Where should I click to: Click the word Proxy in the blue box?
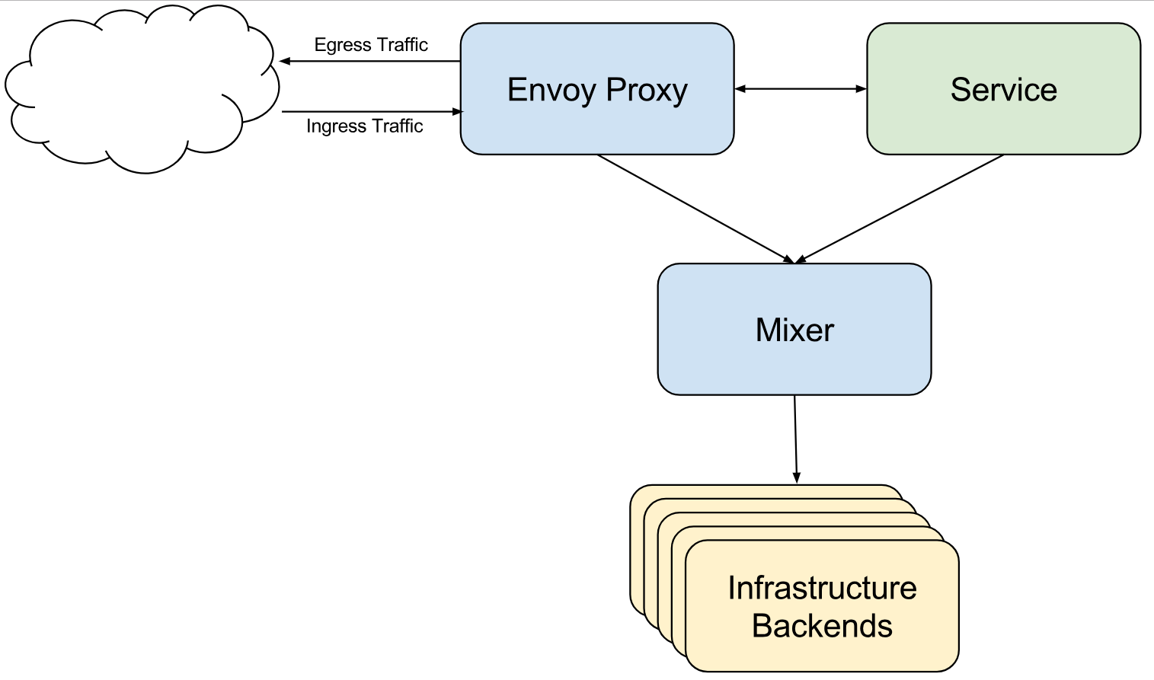(647, 90)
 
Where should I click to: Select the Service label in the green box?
(1004, 90)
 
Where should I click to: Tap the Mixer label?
(794, 330)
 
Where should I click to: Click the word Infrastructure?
(822, 588)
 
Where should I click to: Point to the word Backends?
(822, 626)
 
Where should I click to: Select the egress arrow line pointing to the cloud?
(370, 62)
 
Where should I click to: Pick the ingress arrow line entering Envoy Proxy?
(372, 111)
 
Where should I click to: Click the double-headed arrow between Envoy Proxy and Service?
(801, 88)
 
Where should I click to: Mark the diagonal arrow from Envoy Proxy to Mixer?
(696, 209)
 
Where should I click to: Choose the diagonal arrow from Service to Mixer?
(900, 209)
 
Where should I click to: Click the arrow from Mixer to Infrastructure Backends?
(795, 439)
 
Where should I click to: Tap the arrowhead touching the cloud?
(285, 62)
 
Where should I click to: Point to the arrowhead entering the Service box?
(862, 88)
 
